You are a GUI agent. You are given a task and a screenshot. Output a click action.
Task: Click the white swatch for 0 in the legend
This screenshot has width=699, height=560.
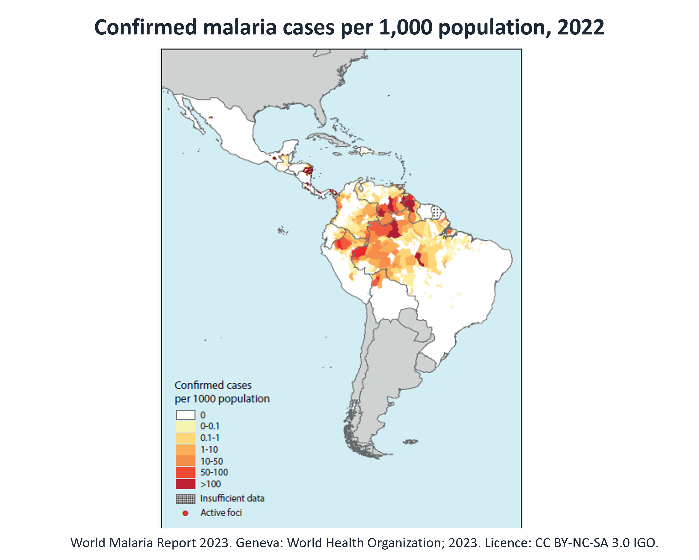click(185, 415)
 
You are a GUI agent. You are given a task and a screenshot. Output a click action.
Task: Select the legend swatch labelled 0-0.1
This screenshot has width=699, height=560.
click(185, 426)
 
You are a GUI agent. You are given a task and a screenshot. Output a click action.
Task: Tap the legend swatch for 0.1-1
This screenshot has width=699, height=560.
click(185, 438)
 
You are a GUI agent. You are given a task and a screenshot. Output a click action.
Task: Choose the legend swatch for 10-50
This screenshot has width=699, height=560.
click(185, 461)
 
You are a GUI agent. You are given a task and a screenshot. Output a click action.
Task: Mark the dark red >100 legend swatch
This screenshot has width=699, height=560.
click(185, 484)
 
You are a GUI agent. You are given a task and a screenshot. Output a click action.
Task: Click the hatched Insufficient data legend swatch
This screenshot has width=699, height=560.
click(185, 499)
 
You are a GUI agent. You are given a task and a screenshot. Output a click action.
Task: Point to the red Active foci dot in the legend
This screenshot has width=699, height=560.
click(185, 513)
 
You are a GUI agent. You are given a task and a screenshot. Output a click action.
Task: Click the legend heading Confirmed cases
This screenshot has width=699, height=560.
click(213, 385)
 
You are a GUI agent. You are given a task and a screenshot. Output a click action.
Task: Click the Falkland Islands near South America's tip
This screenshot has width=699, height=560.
click(411, 442)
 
